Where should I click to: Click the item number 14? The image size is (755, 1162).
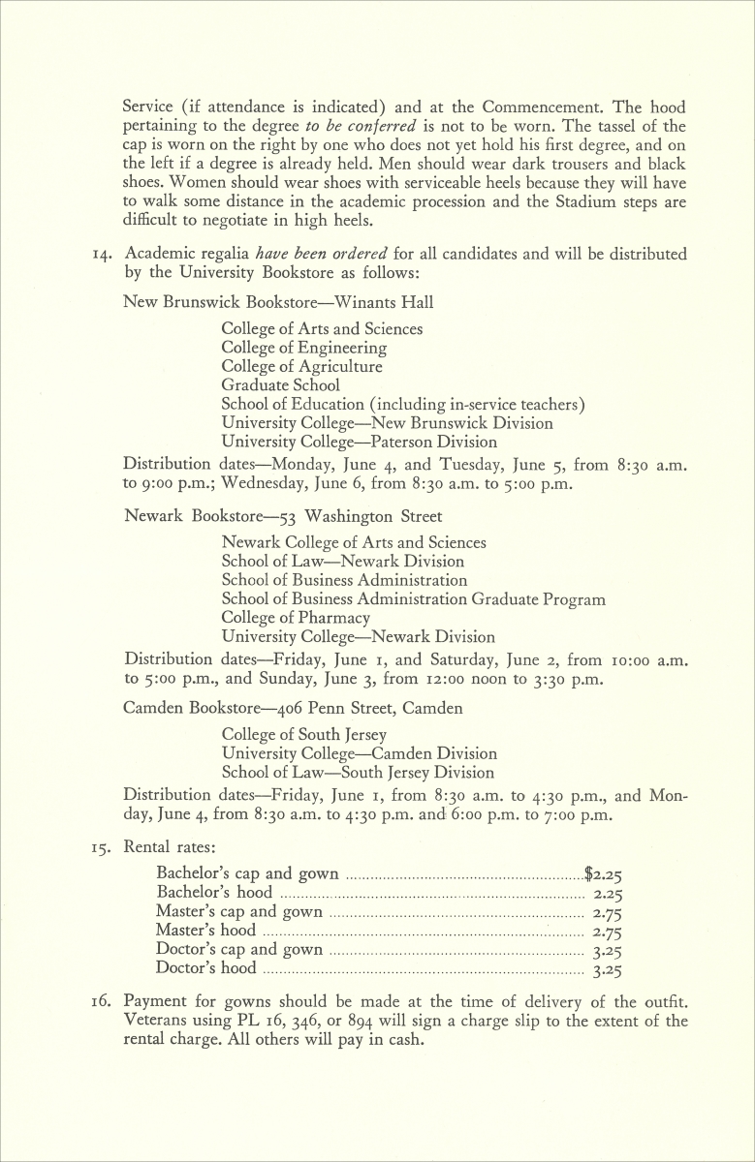coord(104,255)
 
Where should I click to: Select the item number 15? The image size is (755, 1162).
coord(104,846)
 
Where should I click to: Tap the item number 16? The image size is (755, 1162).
coord(104,1002)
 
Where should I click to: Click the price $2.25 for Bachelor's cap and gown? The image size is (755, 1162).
coord(603,874)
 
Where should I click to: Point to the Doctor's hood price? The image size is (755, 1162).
coord(607,968)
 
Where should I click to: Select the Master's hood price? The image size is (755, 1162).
coord(607,932)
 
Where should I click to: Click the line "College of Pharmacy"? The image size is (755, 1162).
coord(296,618)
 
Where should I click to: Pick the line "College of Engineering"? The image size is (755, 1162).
coord(303,348)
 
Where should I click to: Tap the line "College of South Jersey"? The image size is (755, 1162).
coord(303,735)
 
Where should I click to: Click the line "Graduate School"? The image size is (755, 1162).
coord(280,385)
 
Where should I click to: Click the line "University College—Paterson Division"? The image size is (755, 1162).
coord(359,442)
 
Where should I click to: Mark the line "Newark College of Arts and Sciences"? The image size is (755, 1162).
coord(354,543)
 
